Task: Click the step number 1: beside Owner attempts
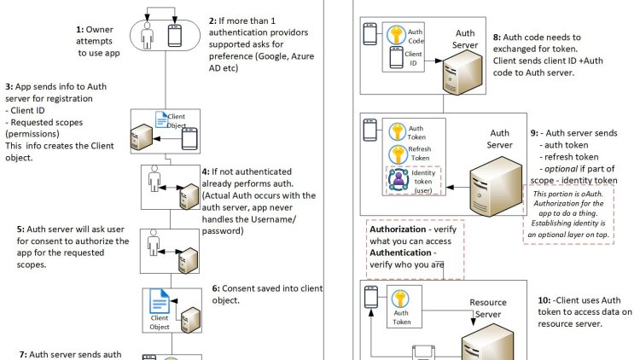pyautogui.click(x=78, y=28)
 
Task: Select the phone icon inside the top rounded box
pyautogui.click(x=174, y=35)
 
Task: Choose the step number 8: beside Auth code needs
pyautogui.click(x=498, y=38)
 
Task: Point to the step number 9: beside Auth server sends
pyautogui.click(x=534, y=134)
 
